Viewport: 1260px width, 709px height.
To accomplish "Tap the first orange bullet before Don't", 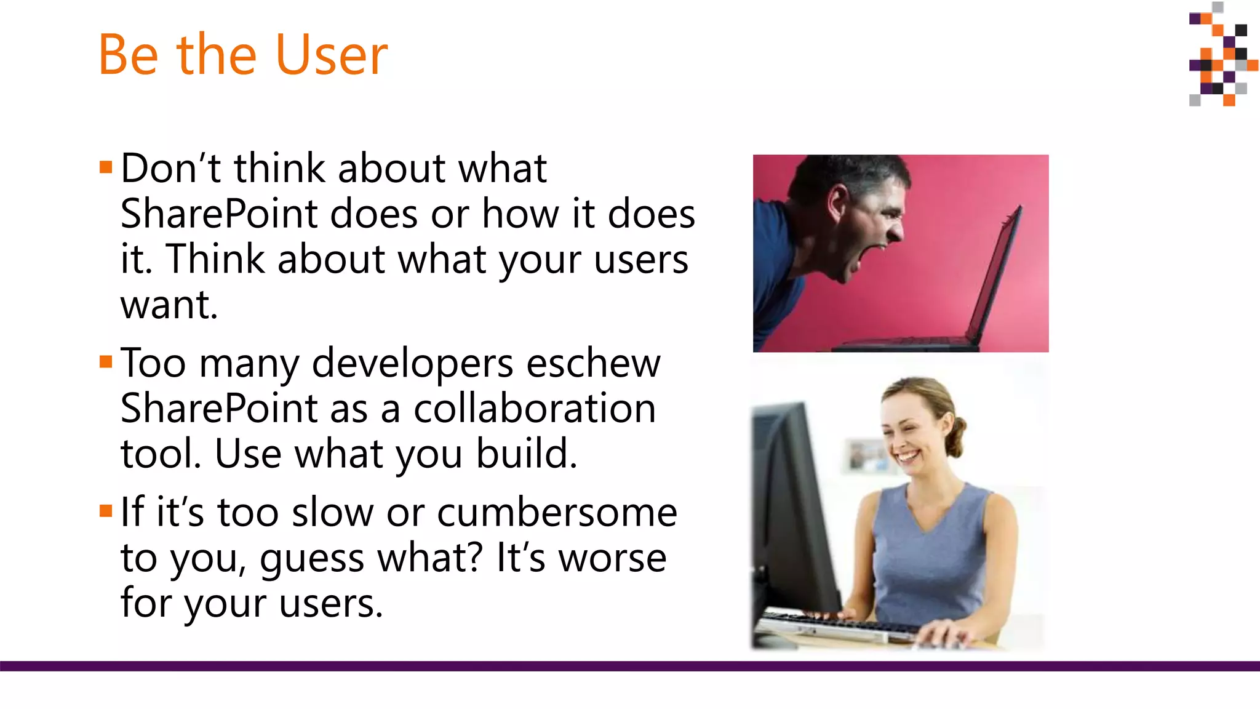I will pyautogui.click(x=106, y=167).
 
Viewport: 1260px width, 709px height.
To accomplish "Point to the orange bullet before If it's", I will pyautogui.click(x=106, y=511).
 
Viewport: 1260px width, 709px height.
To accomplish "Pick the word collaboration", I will pyautogui.click(x=534, y=409).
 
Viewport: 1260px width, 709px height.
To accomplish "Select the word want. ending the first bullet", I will pyautogui.click(x=169, y=305).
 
